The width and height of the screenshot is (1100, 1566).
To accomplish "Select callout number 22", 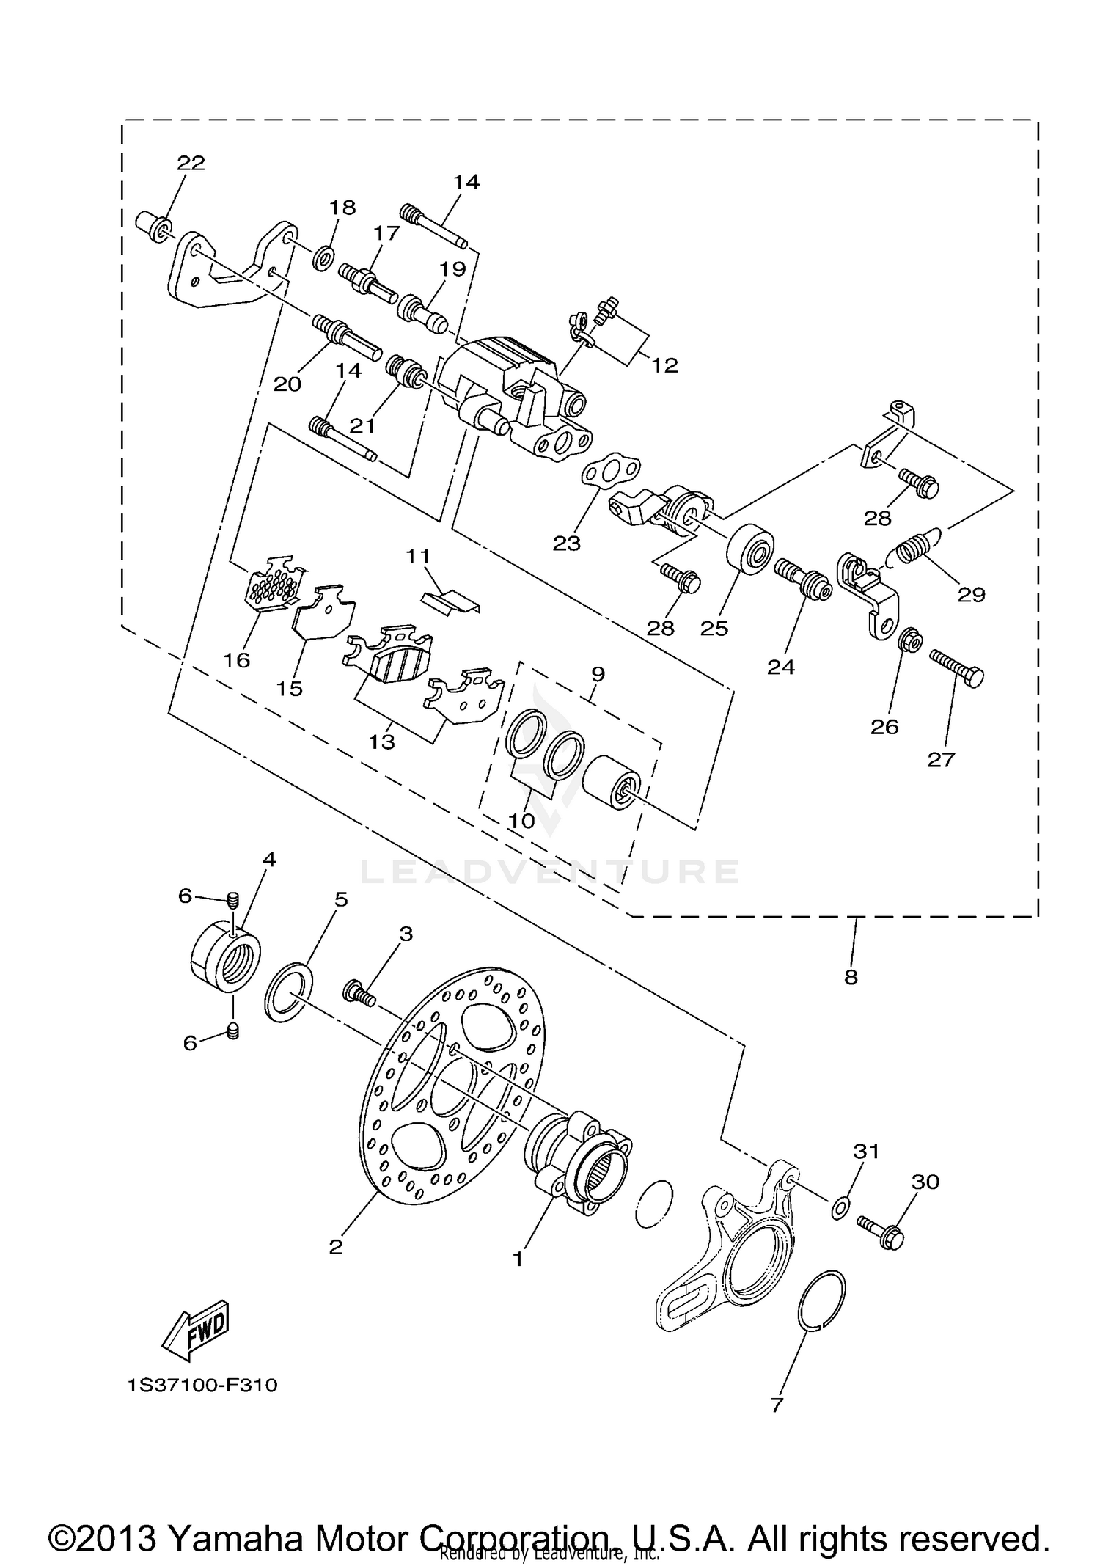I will [x=191, y=162].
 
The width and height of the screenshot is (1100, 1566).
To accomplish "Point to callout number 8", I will [x=851, y=977].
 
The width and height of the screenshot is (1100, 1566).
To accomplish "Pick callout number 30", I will [x=925, y=1182].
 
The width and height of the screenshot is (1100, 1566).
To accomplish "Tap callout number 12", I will [x=665, y=365].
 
